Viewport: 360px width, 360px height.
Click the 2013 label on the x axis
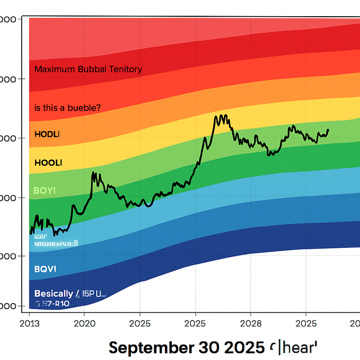pyautogui.click(x=30, y=323)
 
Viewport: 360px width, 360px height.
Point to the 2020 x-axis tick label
pyautogui.click(x=85, y=323)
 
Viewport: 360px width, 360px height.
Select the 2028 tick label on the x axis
pyautogui.click(x=251, y=323)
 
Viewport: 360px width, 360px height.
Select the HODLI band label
pyautogui.click(x=47, y=135)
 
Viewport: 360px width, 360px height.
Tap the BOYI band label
pyautogui.click(x=45, y=190)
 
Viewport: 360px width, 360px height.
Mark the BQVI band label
pyautogui.click(x=45, y=270)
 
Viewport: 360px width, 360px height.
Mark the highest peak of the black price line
pyautogui.click(x=224, y=115)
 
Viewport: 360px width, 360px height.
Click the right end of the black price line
pyautogui.click(x=328, y=130)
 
